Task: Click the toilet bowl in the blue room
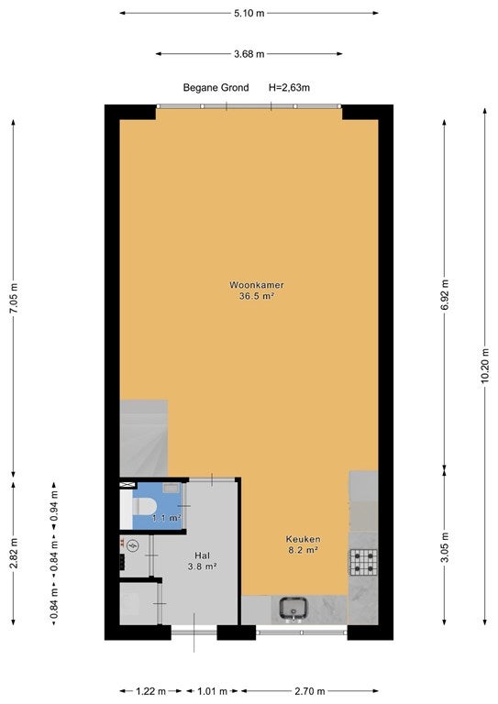145,506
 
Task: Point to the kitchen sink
294,609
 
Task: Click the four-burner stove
363,562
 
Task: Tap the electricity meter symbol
133,546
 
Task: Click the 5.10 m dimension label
249,14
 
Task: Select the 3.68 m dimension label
249,54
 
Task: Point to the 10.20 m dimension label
484,366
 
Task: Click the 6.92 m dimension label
445,294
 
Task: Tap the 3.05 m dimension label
445,547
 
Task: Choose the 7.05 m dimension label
14,298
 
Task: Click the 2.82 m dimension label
14,553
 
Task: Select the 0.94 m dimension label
54,506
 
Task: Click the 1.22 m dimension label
151,691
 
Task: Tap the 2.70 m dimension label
309,691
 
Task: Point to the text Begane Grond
216,88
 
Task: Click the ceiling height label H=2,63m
289,88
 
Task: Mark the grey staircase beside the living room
143,438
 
